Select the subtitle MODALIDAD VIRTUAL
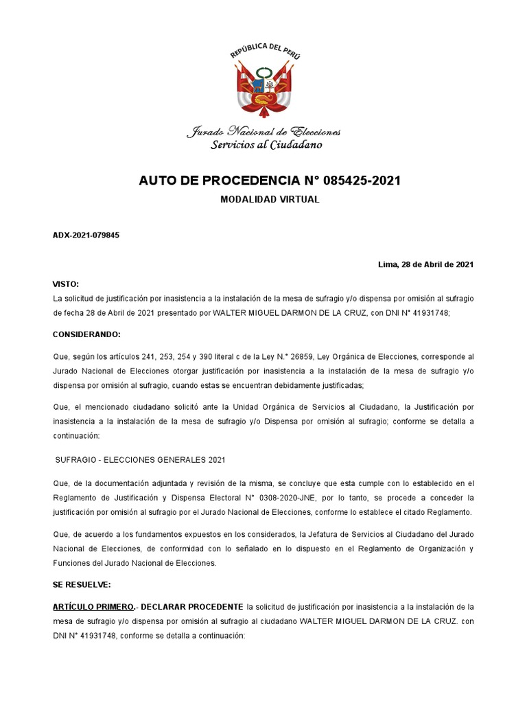click(x=269, y=199)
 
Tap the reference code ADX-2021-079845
click(x=86, y=235)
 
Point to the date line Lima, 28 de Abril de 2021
click(x=425, y=264)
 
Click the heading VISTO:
click(x=66, y=284)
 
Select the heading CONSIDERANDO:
click(x=86, y=334)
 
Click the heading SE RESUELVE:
click(x=82, y=584)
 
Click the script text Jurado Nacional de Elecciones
click(x=263, y=132)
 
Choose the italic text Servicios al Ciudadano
click(x=266, y=145)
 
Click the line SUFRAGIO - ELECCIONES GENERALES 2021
click(x=141, y=459)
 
